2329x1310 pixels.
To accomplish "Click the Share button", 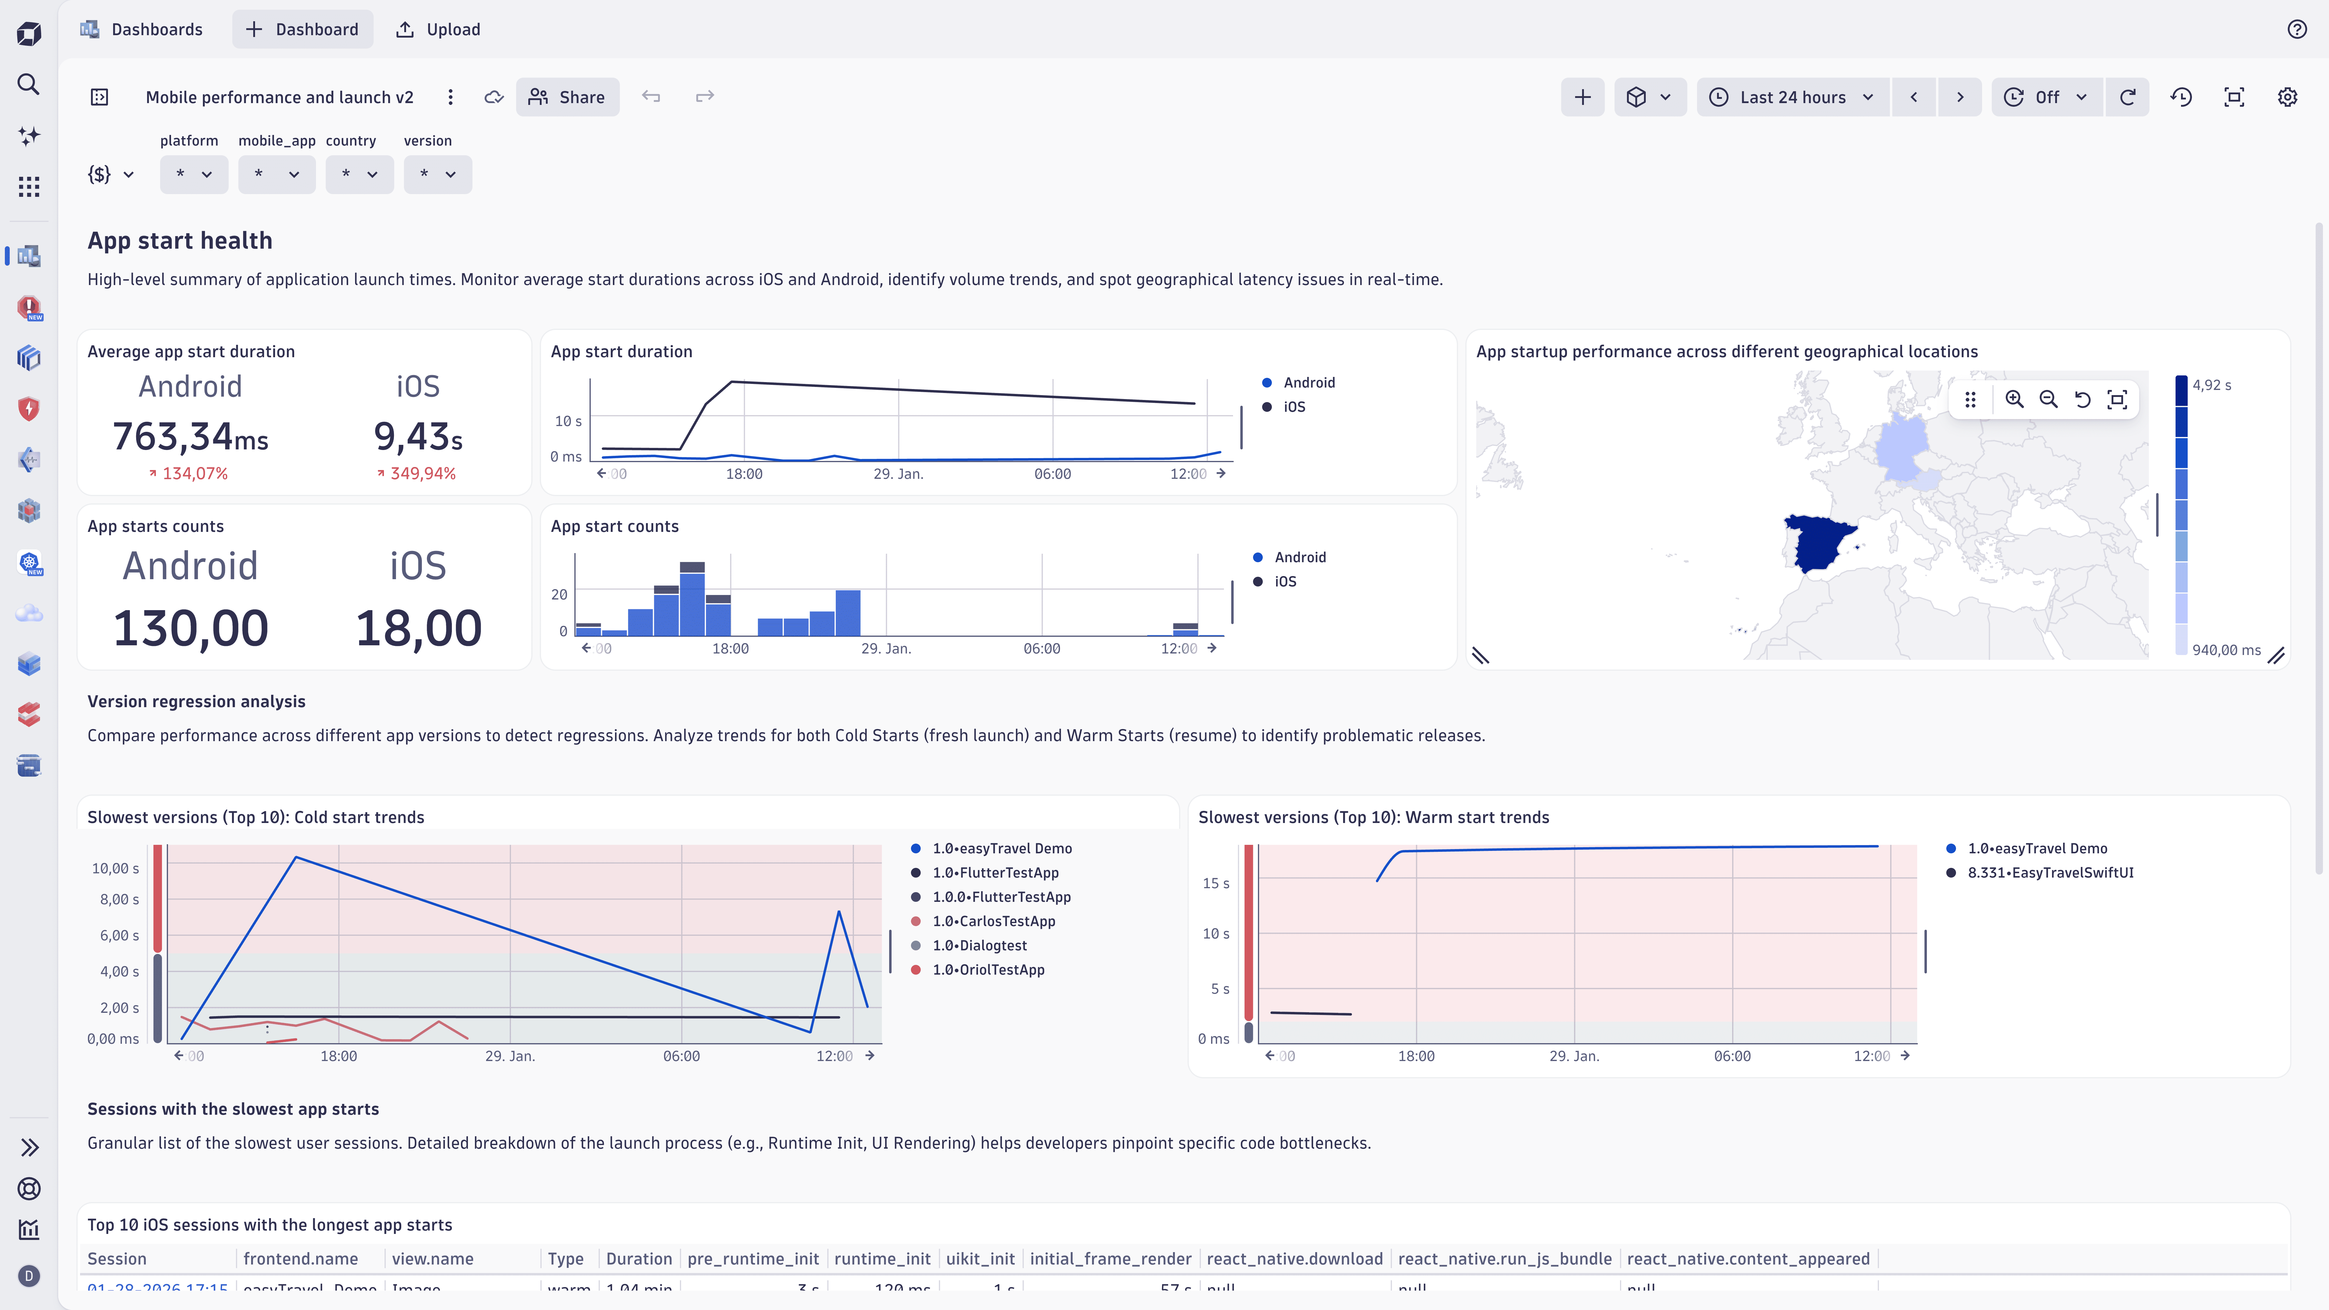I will pyautogui.click(x=567, y=97).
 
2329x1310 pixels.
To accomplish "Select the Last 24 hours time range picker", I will pyautogui.click(x=1792, y=97).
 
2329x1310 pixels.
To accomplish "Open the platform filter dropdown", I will pyautogui.click(x=193, y=174).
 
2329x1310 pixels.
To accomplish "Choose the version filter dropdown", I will pyautogui.click(x=438, y=174).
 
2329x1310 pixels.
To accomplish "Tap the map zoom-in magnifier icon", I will pyautogui.click(x=2014, y=400).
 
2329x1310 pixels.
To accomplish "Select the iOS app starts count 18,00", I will pyautogui.click(x=418, y=628).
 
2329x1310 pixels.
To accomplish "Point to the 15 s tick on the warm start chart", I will pyautogui.click(x=1215, y=883).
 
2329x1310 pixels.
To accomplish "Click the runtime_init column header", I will pyautogui.click(x=882, y=1258).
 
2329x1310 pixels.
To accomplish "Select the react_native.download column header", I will pyautogui.click(x=1294, y=1258).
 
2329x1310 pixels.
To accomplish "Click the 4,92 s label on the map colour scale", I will pyautogui.click(x=2211, y=385).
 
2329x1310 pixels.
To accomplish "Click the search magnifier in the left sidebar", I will pyautogui.click(x=29, y=84).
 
